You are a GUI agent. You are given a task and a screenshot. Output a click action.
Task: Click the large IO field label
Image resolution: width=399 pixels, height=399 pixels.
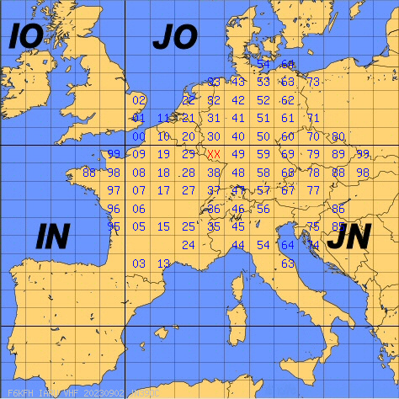pyautogui.click(x=25, y=38)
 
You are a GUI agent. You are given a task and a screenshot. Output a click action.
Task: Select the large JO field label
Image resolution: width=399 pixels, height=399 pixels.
pyautogui.click(x=174, y=38)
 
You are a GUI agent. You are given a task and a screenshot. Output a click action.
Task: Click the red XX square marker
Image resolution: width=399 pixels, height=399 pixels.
pyautogui.click(x=214, y=154)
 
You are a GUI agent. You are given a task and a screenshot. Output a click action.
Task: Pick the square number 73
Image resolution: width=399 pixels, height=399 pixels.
pyautogui.click(x=313, y=82)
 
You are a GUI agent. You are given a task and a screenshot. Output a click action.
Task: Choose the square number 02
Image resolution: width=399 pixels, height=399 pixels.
pyautogui.click(x=140, y=100)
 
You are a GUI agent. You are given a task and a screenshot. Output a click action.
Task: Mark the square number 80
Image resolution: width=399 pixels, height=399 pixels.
pyautogui.click(x=338, y=136)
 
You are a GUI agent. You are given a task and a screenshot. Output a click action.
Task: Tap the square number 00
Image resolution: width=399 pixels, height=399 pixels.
pyautogui.click(x=138, y=136)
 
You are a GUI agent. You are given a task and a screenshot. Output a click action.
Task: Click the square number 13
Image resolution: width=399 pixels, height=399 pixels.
pyautogui.click(x=164, y=263)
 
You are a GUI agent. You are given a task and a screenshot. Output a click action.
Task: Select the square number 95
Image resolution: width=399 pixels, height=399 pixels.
pyautogui.click(x=114, y=226)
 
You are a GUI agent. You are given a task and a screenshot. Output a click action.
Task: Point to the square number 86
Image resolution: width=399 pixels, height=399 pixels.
pyautogui.click(x=338, y=209)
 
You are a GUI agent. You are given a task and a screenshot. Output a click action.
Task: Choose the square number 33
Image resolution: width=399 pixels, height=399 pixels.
pyautogui.click(x=214, y=82)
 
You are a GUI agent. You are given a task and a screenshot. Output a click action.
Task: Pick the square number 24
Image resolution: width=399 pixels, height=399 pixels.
pyautogui.click(x=189, y=245)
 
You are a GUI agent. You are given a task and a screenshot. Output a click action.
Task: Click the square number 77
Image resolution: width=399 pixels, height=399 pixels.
pyautogui.click(x=313, y=190)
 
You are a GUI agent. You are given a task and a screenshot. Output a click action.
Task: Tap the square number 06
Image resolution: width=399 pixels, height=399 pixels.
pyautogui.click(x=140, y=209)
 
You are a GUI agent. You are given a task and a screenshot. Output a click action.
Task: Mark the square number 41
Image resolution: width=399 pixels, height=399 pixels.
pyautogui.click(x=238, y=119)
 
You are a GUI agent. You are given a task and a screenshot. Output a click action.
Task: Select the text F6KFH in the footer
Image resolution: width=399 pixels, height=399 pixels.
pyautogui.click(x=19, y=393)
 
